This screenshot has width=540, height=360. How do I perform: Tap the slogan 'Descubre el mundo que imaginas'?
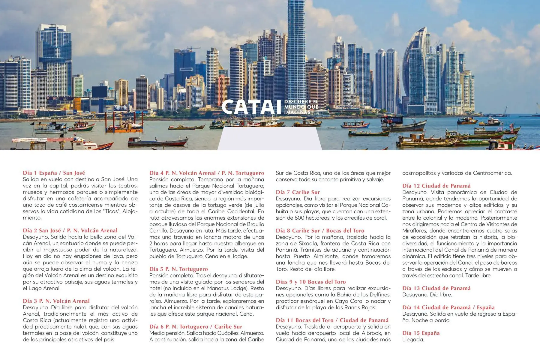tap(301, 107)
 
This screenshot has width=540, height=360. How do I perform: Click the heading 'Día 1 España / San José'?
tap(54, 173)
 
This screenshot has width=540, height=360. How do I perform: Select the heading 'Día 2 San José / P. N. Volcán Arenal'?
tap(70, 230)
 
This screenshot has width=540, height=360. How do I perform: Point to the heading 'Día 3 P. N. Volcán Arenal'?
tap(56, 301)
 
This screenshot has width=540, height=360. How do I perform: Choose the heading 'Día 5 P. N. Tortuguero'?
tap(178, 269)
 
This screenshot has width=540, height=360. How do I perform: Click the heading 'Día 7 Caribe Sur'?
tap(298, 192)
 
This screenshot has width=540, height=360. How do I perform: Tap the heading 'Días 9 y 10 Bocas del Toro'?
tap(311, 282)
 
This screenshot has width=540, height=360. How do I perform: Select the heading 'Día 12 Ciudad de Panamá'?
tap(436, 186)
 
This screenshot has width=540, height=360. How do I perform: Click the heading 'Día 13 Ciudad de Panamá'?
tap(436, 288)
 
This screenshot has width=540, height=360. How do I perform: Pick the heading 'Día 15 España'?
tap(421, 333)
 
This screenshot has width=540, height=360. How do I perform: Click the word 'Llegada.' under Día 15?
tap(413, 340)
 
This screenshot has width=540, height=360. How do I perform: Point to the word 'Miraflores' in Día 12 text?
tap(415, 231)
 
